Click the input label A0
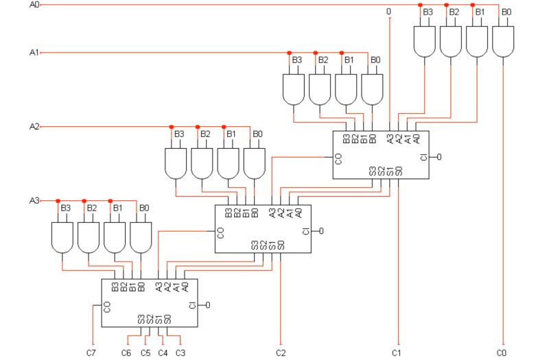click(34, 5)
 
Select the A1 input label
click(34, 52)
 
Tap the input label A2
click(34, 127)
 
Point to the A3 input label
click(34, 201)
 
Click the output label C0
click(502, 352)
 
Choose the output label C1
click(396, 352)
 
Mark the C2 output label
click(281, 352)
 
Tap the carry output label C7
click(91, 352)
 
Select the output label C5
click(145, 352)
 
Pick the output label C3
click(180, 352)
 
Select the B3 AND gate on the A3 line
click(62, 237)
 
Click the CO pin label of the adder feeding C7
click(106, 306)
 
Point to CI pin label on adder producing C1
click(423, 157)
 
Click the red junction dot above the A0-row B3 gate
click(421, 5)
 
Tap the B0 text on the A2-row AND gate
click(257, 134)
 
